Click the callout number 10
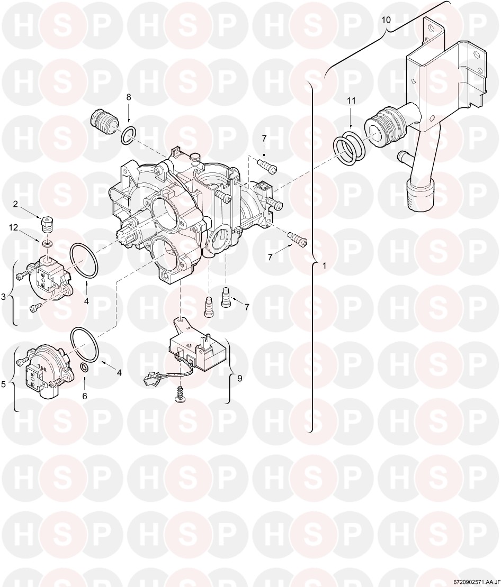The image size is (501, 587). point(386,20)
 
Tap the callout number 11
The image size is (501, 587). point(351,101)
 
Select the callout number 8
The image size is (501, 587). point(129,97)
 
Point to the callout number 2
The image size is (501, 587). point(15,204)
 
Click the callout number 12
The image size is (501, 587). point(14,227)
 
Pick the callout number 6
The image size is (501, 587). point(85,396)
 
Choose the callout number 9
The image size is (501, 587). point(239,378)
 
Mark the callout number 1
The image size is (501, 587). point(324,266)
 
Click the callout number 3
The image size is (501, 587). point(3,297)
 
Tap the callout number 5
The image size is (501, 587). point(3,384)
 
